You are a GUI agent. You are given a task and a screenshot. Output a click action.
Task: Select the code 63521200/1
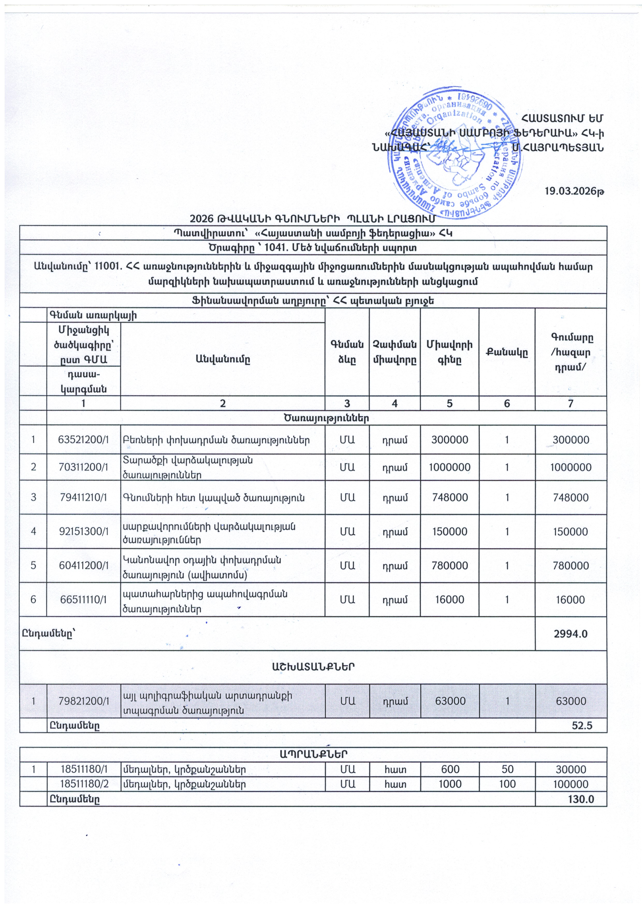tap(83, 440)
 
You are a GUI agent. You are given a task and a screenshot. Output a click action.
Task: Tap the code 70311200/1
tap(83, 467)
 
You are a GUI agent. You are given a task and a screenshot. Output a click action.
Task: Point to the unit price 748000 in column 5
tap(450, 497)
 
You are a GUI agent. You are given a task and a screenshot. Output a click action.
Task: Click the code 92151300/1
tap(83, 531)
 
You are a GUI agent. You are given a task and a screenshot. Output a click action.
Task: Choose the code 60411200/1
tap(83, 566)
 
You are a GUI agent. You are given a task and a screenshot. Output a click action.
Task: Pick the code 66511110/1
tap(83, 599)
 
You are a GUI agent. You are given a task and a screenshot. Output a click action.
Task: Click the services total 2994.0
tap(570, 634)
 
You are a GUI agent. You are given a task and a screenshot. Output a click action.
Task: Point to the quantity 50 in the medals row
tap(507, 769)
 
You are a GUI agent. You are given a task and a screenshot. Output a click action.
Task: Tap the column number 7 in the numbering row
tap(570, 403)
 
